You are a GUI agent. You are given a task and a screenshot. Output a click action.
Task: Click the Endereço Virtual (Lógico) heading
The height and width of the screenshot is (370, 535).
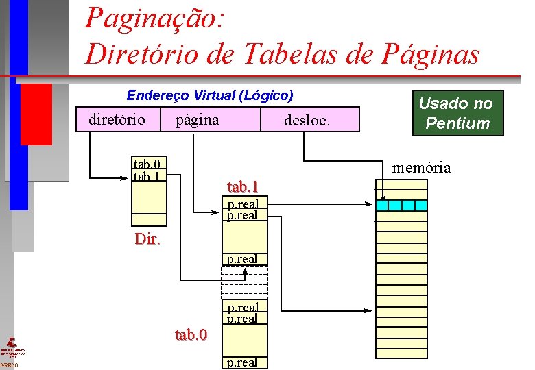[210, 95]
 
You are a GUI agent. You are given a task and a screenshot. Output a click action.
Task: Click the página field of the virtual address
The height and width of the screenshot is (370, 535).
[198, 120]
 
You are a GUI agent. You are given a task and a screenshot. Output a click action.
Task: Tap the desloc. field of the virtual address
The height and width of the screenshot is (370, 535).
[307, 121]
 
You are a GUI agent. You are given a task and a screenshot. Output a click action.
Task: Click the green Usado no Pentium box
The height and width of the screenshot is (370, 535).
[456, 113]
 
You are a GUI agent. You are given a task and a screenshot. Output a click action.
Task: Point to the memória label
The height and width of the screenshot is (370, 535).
[421, 167]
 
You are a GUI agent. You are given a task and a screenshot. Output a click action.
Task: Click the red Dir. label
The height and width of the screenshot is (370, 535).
[147, 239]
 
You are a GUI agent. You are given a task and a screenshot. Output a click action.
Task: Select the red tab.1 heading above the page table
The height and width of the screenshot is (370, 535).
[242, 186]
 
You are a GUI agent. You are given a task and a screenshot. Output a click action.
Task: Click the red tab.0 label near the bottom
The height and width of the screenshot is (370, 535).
[191, 334]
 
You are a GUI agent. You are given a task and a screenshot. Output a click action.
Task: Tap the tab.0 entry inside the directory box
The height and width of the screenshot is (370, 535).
[147, 164]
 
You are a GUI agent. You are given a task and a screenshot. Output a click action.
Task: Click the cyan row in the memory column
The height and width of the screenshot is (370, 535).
[401, 205]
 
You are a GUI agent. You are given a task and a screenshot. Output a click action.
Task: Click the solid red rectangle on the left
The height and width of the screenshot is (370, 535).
[36, 114]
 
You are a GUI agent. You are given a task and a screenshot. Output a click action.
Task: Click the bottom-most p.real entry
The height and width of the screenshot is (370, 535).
[242, 362]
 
